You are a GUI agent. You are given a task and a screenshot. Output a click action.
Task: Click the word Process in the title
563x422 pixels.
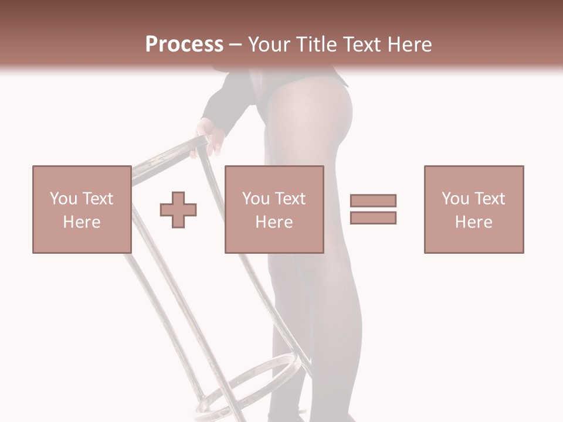click(x=184, y=45)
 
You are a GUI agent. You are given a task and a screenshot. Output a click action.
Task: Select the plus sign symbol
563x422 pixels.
click(x=178, y=210)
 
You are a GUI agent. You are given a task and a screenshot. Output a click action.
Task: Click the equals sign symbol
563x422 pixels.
click(x=373, y=209)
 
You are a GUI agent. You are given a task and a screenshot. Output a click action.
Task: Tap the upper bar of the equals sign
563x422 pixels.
click(x=373, y=201)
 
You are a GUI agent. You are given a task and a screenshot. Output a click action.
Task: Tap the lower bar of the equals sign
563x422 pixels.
click(x=373, y=217)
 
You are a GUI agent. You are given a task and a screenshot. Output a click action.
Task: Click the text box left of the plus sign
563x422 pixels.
click(x=82, y=209)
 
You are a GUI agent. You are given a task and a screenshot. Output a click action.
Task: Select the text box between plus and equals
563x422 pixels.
click(x=274, y=209)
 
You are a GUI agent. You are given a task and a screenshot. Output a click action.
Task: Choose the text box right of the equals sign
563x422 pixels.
click(x=474, y=209)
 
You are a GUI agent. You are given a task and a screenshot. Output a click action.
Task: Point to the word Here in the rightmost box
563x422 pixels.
click(x=474, y=222)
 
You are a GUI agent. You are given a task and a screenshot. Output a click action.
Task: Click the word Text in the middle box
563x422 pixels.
click(x=290, y=199)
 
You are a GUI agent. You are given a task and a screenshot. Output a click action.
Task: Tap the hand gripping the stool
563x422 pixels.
click(x=210, y=135)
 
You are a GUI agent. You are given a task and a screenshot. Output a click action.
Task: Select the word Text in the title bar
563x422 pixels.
click(x=360, y=45)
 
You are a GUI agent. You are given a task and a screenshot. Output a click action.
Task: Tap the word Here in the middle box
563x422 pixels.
click(x=274, y=222)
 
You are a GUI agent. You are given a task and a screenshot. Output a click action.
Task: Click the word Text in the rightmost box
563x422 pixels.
click(x=490, y=199)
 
